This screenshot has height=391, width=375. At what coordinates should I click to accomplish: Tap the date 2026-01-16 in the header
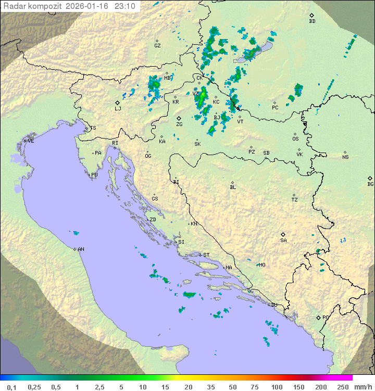(89, 6)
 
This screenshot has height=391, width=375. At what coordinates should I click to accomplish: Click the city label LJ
(118, 109)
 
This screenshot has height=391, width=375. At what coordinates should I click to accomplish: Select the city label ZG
(179, 124)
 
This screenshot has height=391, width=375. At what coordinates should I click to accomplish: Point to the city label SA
(283, 241)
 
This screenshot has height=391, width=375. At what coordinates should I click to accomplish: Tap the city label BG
(370, 184)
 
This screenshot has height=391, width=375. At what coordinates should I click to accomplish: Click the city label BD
(312, 21)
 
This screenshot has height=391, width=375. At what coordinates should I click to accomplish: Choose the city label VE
(31, 141)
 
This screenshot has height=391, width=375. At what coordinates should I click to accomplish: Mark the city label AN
(81, 249)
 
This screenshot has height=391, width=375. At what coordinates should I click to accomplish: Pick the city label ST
(206, 255)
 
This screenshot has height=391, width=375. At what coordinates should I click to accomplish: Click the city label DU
(274, 305)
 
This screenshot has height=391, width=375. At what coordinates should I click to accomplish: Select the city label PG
(326, 317)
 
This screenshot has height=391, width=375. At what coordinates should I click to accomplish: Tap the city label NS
(345, 157)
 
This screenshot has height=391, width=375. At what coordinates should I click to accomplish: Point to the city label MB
(167, 78)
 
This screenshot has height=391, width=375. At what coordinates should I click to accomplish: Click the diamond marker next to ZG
(179, 118)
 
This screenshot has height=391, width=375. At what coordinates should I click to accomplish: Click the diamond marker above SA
(283, 234)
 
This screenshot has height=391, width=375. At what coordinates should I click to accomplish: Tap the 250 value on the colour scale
(342, 387)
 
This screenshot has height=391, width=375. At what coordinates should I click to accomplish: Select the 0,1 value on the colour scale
(11, 387)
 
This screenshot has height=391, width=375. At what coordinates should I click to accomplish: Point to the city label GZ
(157, 46)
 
